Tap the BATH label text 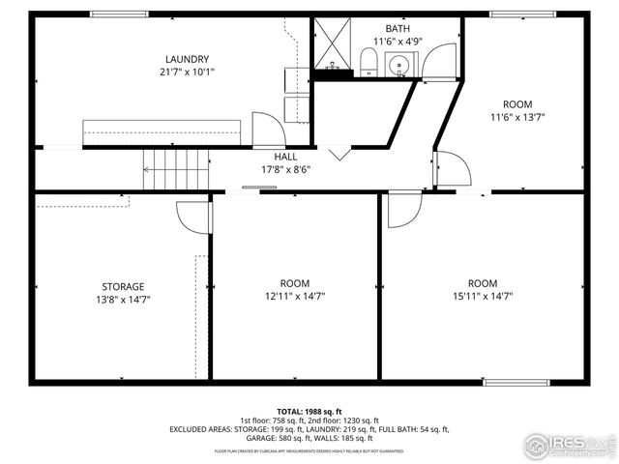click(397, 29)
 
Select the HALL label click(285, 156)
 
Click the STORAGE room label click(123, 286)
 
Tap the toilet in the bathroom click(368, 65)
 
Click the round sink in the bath click(398, 66)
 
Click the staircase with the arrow click(175, 170)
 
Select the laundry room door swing click(266, 129)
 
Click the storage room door click(195, 217)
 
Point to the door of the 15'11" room click(403, 210)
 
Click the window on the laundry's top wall click(120, 14)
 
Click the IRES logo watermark click(569, 445)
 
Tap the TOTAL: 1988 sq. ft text click(309, 411)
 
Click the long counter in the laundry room click(162, 131)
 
